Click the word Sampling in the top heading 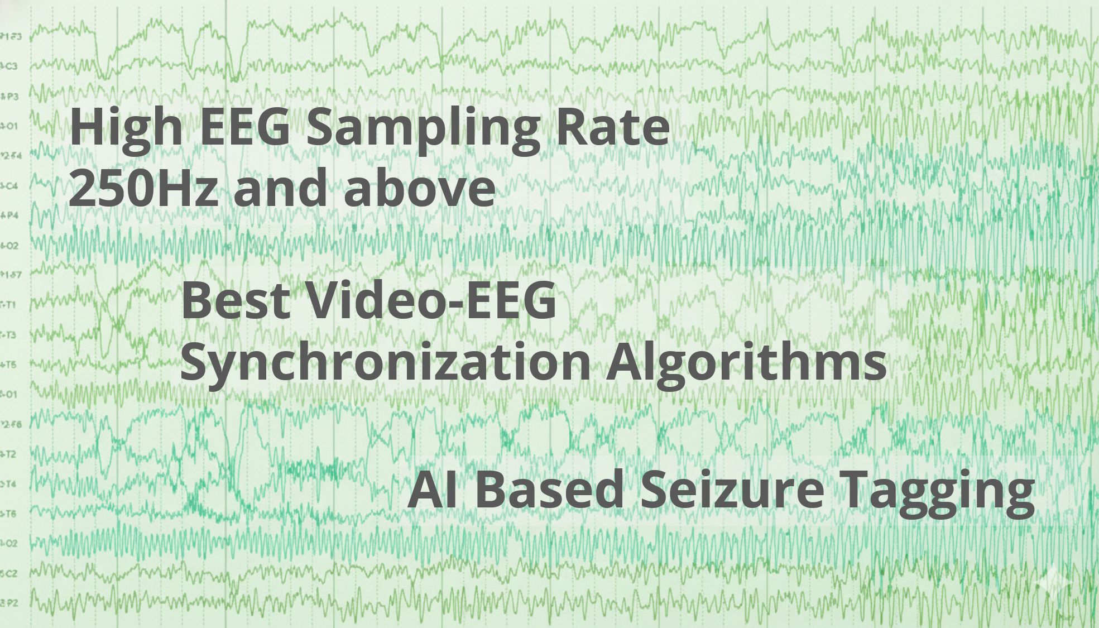[423, 128]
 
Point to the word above [419, 188]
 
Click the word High [126, 128]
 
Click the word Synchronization [385, 363]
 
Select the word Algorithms [746, 363]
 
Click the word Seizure [732, 489]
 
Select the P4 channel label [11, 215]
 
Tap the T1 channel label [9, 305]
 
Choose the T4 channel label [9, 483]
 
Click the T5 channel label [9, 365]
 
